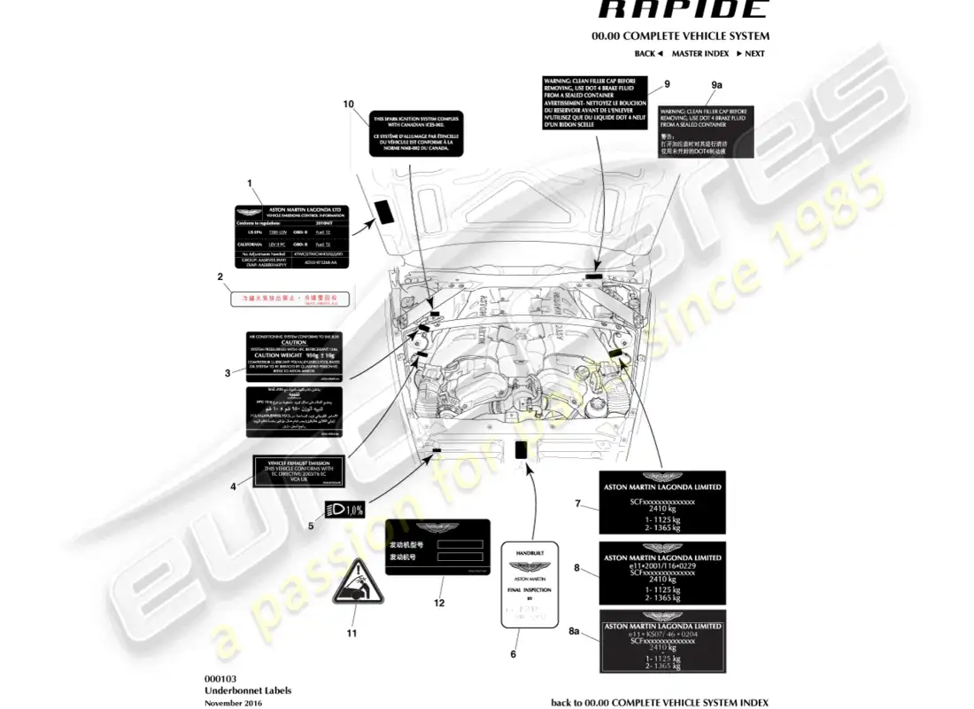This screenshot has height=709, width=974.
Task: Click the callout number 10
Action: pos(349,105)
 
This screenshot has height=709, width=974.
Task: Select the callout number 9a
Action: pos(717,84)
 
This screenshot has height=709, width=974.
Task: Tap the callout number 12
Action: pos(438,603)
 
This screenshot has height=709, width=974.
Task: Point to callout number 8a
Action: pos(574,631)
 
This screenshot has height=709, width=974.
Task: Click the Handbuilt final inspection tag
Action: pos(528,586)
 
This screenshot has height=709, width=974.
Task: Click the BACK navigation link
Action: pos(648,54)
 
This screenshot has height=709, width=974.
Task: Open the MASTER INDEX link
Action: pos(700,54)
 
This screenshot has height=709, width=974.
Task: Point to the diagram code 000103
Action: pos(220,678)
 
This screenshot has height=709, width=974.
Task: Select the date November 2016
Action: pos(233,703)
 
